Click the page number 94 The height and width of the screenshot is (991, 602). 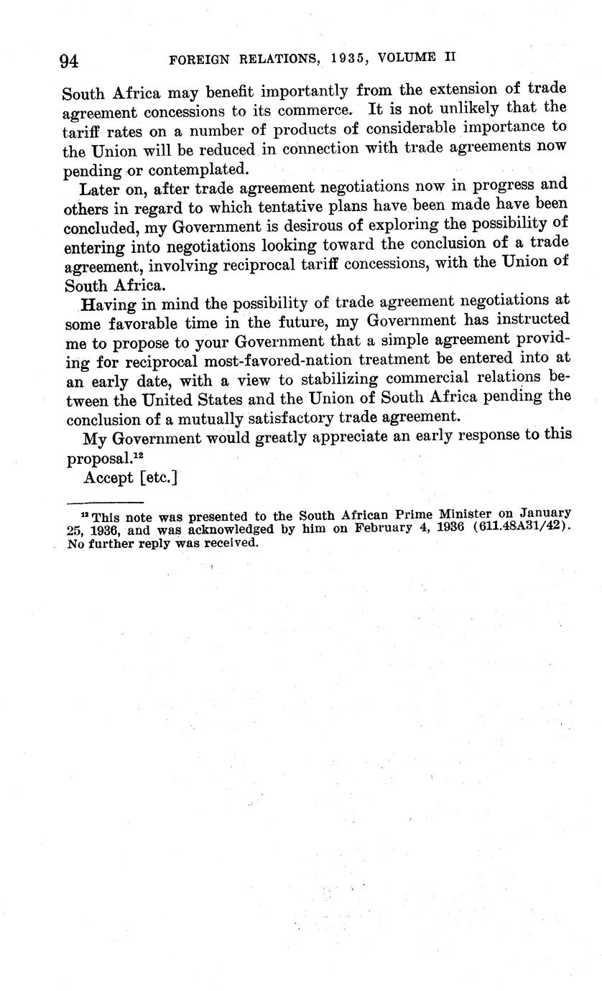click(69, 61)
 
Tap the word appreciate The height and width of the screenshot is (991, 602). click(313, 436)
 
